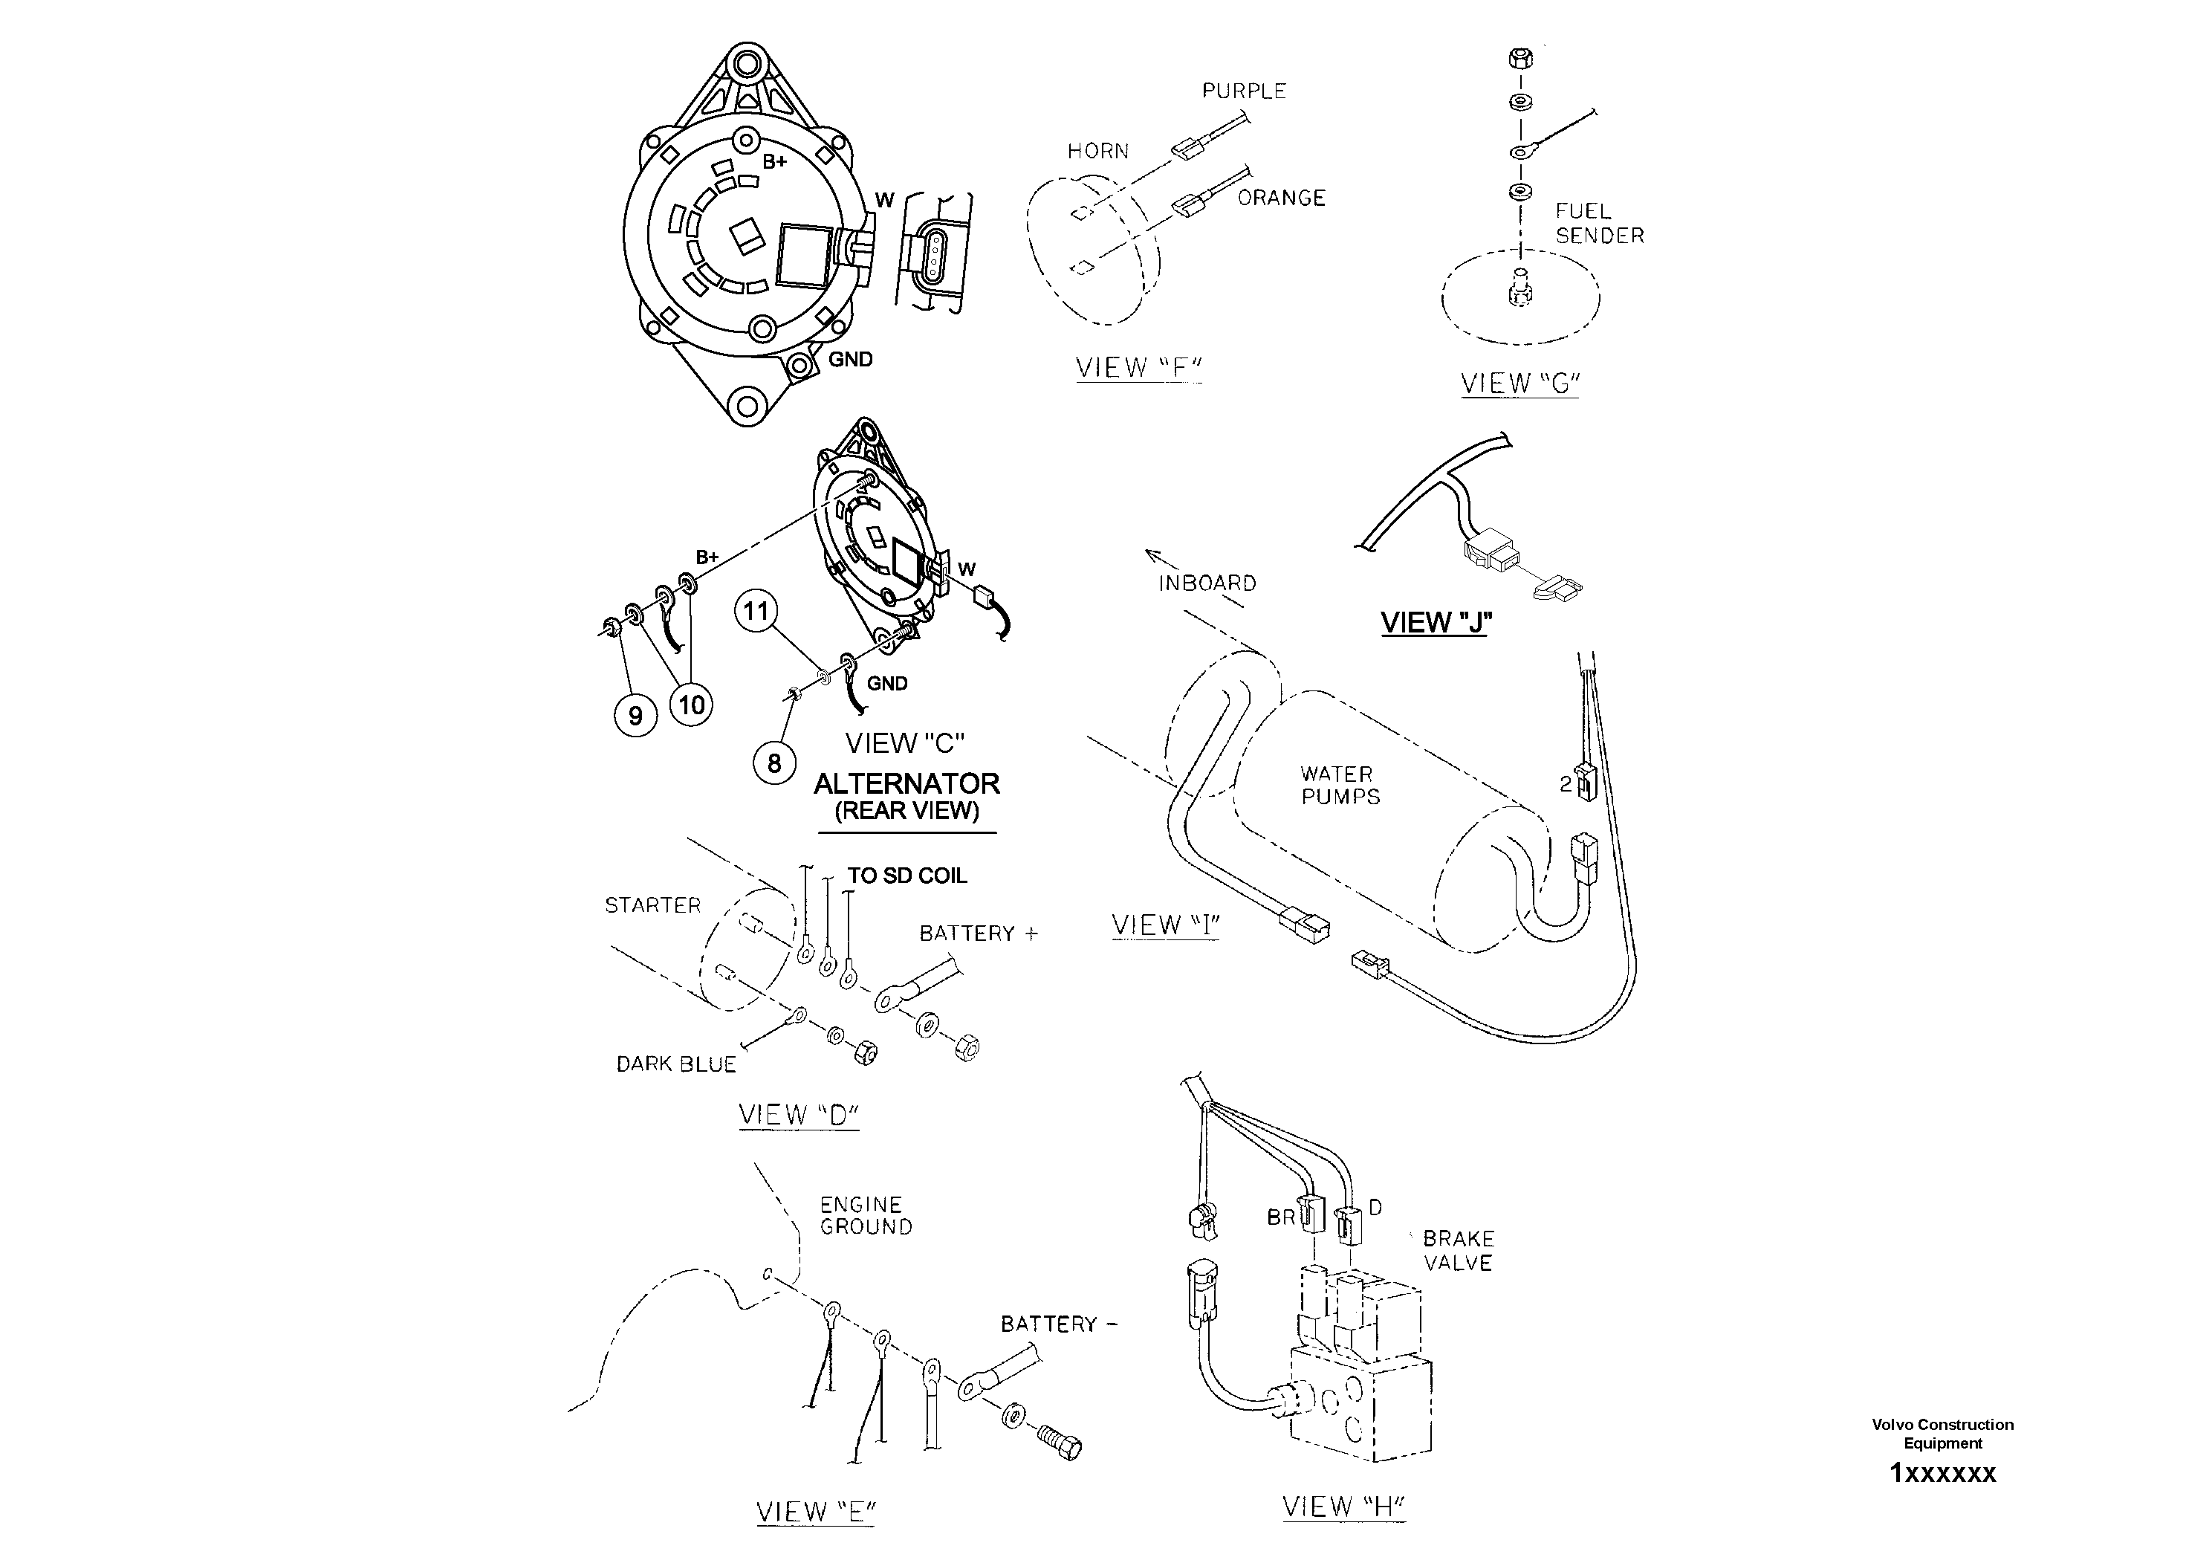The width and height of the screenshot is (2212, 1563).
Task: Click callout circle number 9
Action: coord(635,716)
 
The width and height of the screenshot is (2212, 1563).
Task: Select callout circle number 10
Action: coord(691,705)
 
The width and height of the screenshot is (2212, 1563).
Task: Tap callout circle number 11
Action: coord(756,611)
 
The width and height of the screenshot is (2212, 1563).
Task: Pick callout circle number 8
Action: coord(773,763)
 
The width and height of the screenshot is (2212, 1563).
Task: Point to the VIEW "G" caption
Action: coord(1519,383)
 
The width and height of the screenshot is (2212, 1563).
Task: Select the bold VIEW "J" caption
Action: coord(1436,623)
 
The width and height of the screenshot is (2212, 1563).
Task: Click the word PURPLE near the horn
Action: coord(1244,91)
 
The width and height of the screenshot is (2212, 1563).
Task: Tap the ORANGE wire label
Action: coord(1281,198)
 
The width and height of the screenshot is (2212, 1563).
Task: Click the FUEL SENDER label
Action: coord(1598,223)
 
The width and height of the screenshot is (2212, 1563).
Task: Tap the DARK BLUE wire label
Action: coord(676,1064)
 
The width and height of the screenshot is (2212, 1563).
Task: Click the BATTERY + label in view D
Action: coord(978,933)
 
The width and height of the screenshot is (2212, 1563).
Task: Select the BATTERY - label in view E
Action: coord(1058,1324)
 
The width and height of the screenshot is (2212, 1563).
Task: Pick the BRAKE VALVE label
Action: coord(1458,1250)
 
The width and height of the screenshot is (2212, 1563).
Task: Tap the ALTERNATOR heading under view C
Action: coord(906,783)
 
